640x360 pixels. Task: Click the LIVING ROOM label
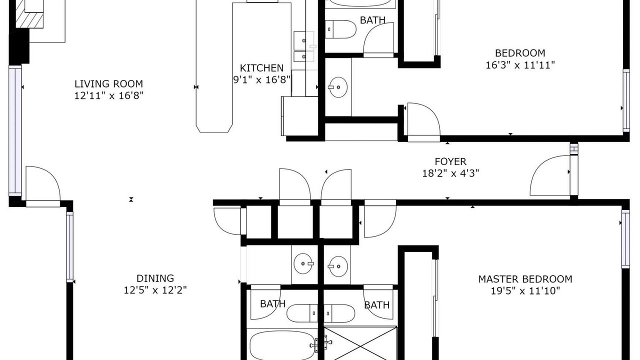[x=108, y=83]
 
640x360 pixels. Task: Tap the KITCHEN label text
[x=261, y=68]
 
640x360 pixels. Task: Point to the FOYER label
[x=450, y=161]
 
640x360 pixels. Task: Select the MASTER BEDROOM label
[x=525, y=279]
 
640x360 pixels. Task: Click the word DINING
[x=155, y=278]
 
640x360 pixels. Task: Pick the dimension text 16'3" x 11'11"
[x=520, y=65]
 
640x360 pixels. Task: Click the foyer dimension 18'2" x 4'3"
[x=450, y=173]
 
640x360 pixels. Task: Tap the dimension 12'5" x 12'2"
[x=155, y=290]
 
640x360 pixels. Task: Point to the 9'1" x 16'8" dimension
[x=261, y=79]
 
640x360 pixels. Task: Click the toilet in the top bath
[x=340, y=29]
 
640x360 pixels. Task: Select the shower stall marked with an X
[x=360, y=343]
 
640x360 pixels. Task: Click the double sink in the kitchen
[x=303, y=47]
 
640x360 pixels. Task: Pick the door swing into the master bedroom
[x=380, y=218]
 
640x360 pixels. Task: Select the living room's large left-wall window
[x=15, y=131]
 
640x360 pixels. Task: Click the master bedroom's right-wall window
[x=625, y=239]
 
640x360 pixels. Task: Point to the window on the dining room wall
[x=69, y=247]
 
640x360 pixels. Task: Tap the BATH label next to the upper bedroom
[x=372, y=20]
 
